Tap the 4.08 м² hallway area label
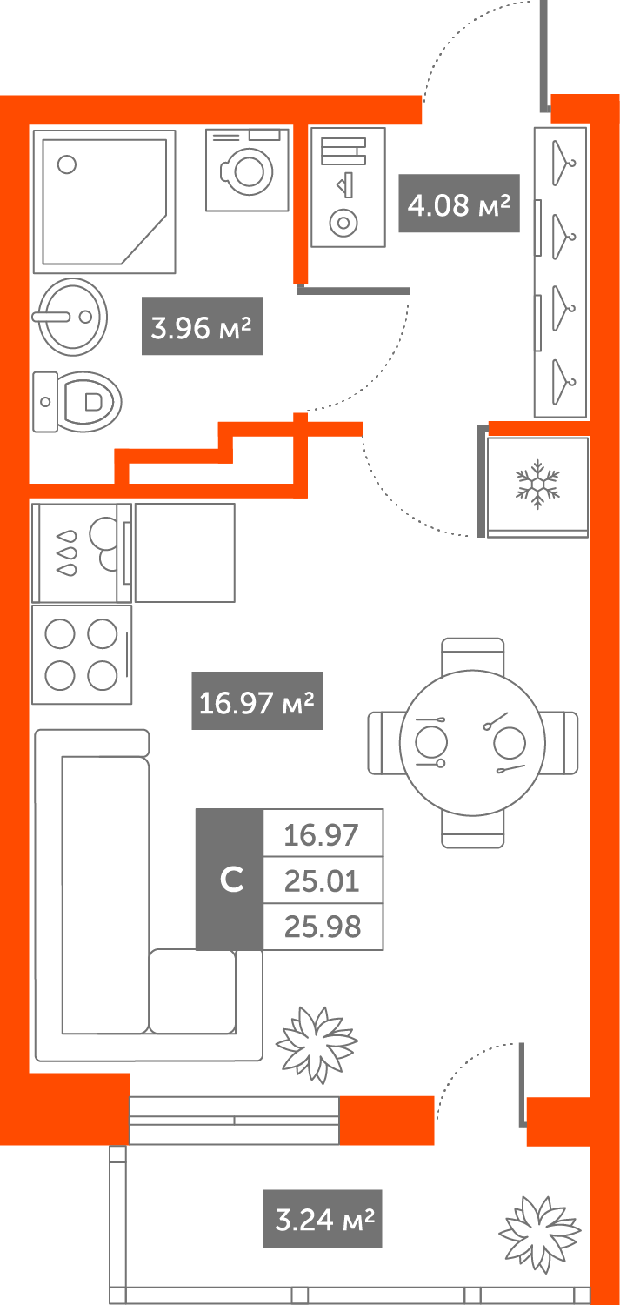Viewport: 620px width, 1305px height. tap(458, 204)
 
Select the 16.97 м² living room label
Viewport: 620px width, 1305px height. tap(257, 700)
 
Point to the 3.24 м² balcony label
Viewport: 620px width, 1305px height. tap(323, 1219)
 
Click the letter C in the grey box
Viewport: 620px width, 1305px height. tap(230, 880)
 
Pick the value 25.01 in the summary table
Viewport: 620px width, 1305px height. tap(323, 881)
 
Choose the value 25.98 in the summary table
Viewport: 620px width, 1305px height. tap(323, 927)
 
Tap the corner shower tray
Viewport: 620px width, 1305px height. tap(103, 201)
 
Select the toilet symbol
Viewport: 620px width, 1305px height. tap(78, 401)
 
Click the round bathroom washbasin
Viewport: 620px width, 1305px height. tap(71, 317)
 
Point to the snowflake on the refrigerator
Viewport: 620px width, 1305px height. tap(537, 485)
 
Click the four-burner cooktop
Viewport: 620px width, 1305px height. tap(81, 654)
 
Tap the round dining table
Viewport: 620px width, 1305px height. tap(472, 742)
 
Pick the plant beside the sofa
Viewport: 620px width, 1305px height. tap(316, 1043)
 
